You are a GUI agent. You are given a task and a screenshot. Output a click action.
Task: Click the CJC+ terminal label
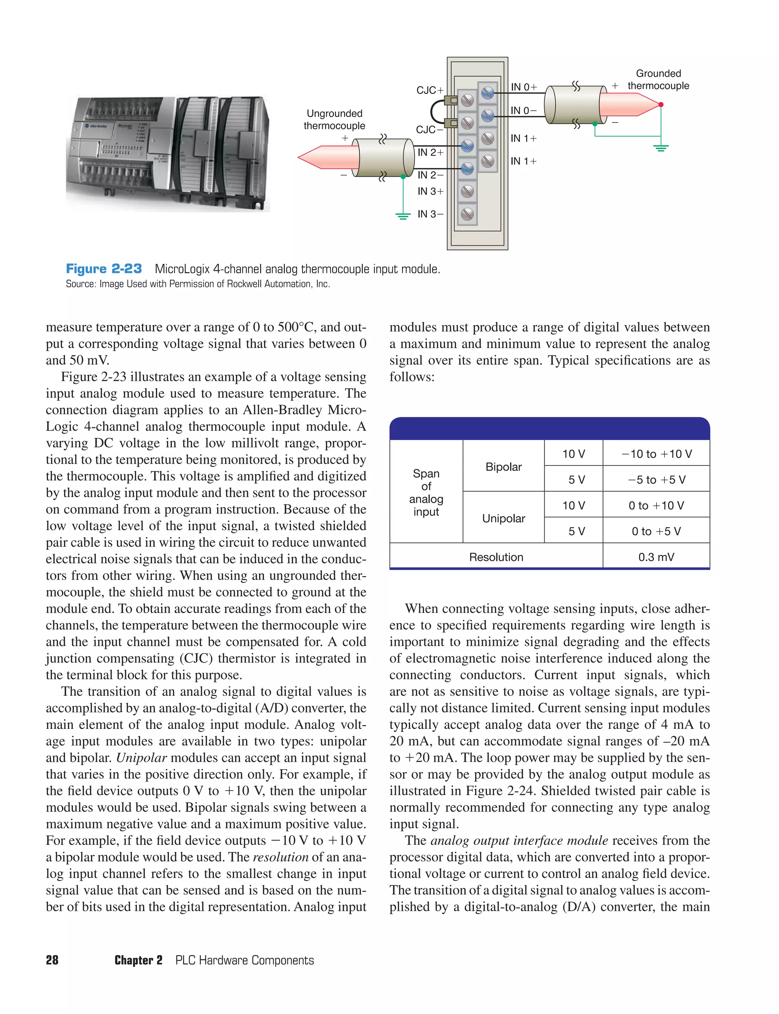pyautogui.click(x=430, y=90)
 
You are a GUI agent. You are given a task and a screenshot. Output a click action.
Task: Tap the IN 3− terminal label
pyautogui.click(x=430, y=214)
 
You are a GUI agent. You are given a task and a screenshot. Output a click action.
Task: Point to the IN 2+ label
pyautogui.click(x=430, y=152)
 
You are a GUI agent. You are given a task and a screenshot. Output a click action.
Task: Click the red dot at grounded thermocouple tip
pyautogui.click(x=661, y=105)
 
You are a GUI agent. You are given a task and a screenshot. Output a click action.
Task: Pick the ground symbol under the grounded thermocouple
pyautogui.click(x=661, y=148)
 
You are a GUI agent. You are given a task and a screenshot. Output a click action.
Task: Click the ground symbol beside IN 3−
pyautogui.click(x=403, y=215)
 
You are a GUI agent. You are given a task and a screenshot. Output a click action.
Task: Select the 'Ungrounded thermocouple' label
pyautogui.click(x=334, y=120)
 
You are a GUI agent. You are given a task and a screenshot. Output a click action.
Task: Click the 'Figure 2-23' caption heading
pyautogui.click(x=104, y=269)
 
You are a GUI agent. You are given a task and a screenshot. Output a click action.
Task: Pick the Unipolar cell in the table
pyautogui.click(x=503, y=518)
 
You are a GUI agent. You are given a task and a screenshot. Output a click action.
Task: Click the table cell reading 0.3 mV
pyautogui.click(x=656, y=557)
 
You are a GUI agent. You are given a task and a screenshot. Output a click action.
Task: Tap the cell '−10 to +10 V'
pyautogui.click(x=656, y=454)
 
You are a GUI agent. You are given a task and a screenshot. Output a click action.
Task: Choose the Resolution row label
pyautogui.click(x=496, y=557)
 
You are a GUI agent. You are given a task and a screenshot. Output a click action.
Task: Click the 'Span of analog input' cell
pyautogui.click(x=426, y=493)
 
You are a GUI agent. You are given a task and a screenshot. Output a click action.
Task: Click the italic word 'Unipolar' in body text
pyautogui.click(x=141, y=758)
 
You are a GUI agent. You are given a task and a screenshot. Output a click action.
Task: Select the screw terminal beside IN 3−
pyautogui.click(x=467, y=214)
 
